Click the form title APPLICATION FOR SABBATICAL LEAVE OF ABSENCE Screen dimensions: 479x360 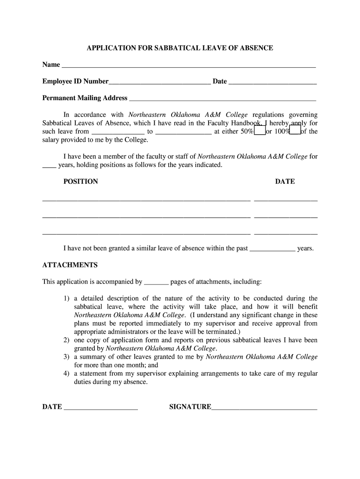(180, 48)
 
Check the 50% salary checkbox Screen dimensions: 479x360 (259, 131)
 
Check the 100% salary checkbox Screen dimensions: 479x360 (295, 131)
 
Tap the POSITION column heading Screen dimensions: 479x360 (80, 181)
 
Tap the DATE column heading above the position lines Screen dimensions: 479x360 (285, 181)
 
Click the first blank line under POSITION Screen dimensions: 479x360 (146, 201)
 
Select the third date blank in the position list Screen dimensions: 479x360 (286, 233)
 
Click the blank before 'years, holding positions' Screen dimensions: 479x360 (49, 167)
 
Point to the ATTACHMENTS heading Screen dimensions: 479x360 (70, 265)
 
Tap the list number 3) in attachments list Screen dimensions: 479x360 (66, 357)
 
